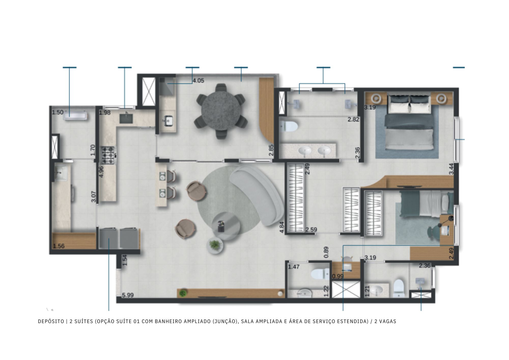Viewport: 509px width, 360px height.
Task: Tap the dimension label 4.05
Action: pyautogui.click(x=198, y=81)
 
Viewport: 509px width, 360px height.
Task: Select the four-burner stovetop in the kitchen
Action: pyautogui.click(x=108, y=155)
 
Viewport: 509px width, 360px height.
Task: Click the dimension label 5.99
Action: pyautogui.click(x=128, y=295)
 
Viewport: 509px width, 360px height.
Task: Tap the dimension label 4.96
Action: pyautogui.click(x=101, y=172)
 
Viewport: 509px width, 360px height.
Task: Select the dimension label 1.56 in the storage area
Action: pyautogui.click(x=59, y=246)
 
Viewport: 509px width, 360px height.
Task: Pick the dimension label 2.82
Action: pyautogui.click(x=354, y=119)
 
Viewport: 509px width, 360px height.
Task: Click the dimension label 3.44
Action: pyautogui.click(x=451, y=169)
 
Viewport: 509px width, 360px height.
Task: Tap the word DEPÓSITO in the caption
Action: pyautogui.click(x=51, y=322)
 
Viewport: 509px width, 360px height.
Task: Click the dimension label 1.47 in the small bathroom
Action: pyautogui.click(x=294, y=267)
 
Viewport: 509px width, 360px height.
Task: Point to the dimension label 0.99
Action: pyautogui.click(x=338, y=276)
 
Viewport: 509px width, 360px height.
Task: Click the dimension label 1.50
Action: pyautogui.click(x=58, y=112)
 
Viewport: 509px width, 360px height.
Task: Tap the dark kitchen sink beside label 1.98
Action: pyautogui.click(x=126, y=118)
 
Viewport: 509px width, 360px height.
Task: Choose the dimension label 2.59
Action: pyautogui.click(x=311, y=230)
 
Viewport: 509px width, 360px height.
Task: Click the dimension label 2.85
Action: pyautogui.click(x=271, y=150)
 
